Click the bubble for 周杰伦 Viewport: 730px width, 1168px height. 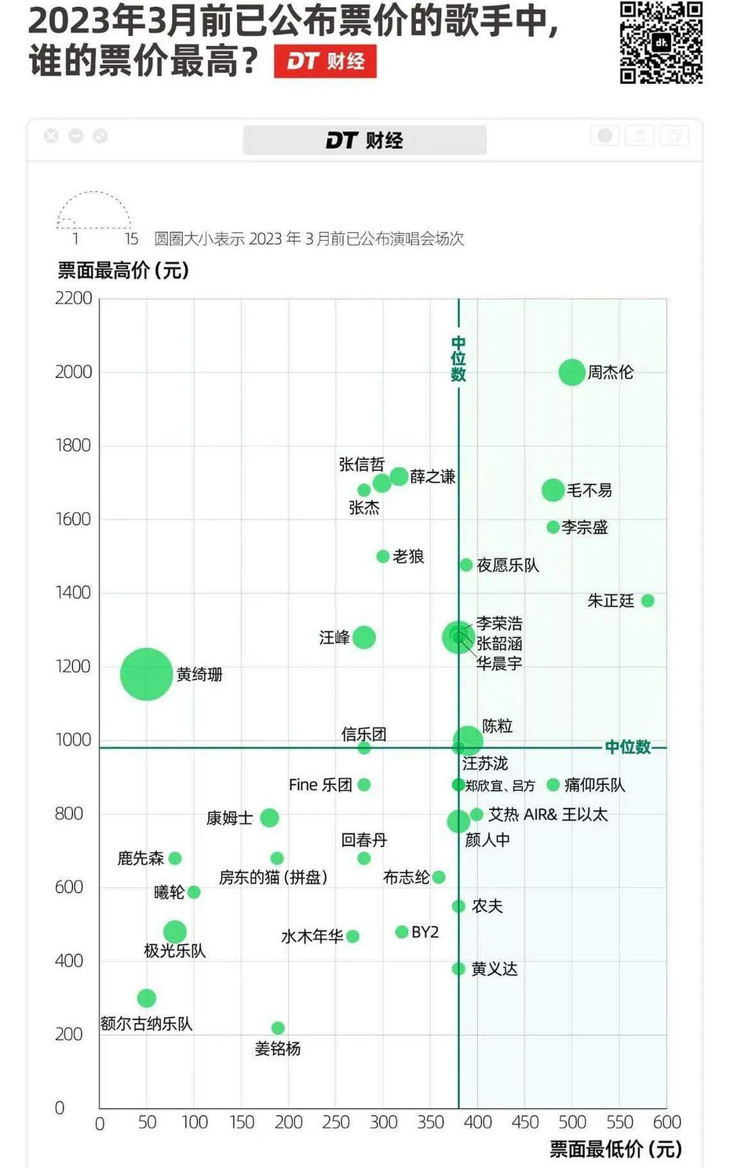572,372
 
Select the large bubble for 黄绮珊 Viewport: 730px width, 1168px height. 147,674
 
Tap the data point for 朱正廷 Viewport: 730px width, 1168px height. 647,601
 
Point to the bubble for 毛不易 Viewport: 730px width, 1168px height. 553,490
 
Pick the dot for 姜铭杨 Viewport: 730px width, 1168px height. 278,1028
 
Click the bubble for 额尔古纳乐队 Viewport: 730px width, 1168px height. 147,998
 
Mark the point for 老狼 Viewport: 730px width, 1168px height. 383,557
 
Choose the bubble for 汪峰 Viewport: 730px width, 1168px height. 364,638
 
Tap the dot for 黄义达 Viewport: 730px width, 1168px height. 459,968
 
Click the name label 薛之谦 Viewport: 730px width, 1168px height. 433,477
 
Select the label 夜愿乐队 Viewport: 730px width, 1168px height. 507,566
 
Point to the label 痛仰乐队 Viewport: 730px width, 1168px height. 594,785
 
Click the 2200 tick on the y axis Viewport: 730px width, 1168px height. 74,298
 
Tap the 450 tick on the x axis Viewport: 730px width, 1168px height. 525,1122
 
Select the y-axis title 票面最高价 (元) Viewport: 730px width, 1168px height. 123,270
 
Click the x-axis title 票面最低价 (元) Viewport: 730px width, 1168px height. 616,1149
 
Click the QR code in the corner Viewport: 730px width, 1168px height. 661,42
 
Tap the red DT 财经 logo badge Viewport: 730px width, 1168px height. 325,61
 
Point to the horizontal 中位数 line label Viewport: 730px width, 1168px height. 628,747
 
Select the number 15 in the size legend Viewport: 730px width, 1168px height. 131,239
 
